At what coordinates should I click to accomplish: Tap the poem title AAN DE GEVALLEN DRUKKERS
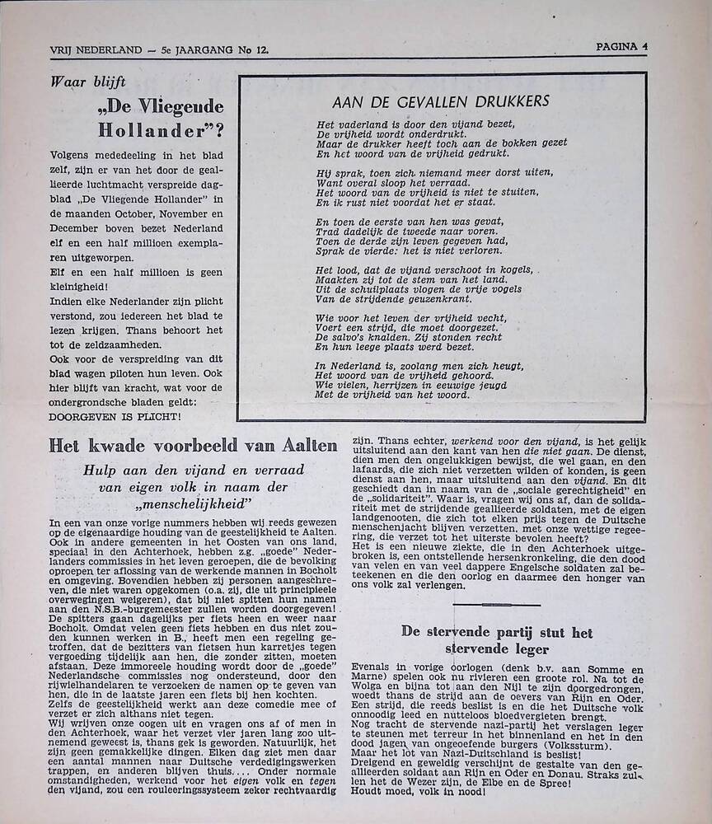coord(441,102)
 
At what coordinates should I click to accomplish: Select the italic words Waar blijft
coord(83,82)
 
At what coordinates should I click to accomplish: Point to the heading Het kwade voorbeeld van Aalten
coord(193,446)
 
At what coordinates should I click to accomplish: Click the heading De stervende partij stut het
coord(497,633)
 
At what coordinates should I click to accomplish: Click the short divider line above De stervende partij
coord(496,605)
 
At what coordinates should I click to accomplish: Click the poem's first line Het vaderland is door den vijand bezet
coord(415,124)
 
